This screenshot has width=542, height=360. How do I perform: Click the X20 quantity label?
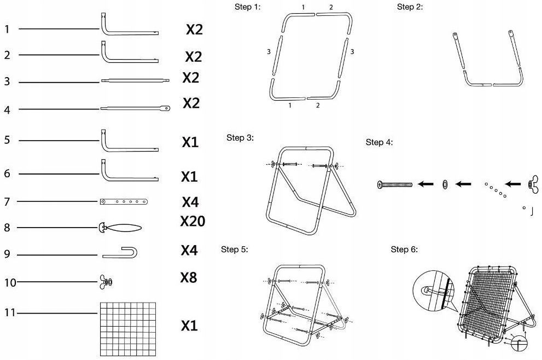click(x=193, y=221)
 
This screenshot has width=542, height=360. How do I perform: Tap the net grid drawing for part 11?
click(x=127, y=328)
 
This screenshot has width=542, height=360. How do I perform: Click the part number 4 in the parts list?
click(x=7, y=110)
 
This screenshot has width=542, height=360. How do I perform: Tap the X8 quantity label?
click(x=189, y=277)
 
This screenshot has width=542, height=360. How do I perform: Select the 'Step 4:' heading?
click(x=379, y=142)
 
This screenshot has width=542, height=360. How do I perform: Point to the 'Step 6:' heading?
click(x=404, y=249)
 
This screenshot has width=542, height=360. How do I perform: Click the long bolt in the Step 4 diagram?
click(x=394, y=184)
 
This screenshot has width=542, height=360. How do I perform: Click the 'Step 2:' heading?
click(x=410, y=7)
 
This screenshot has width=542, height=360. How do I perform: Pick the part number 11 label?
click(x=9, y=313)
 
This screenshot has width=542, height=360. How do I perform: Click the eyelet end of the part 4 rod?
click(x=166, y=108)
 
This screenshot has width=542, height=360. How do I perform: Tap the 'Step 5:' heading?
click(x=235, y=249)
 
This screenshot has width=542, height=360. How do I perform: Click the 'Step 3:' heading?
click(x=240, y=137)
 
